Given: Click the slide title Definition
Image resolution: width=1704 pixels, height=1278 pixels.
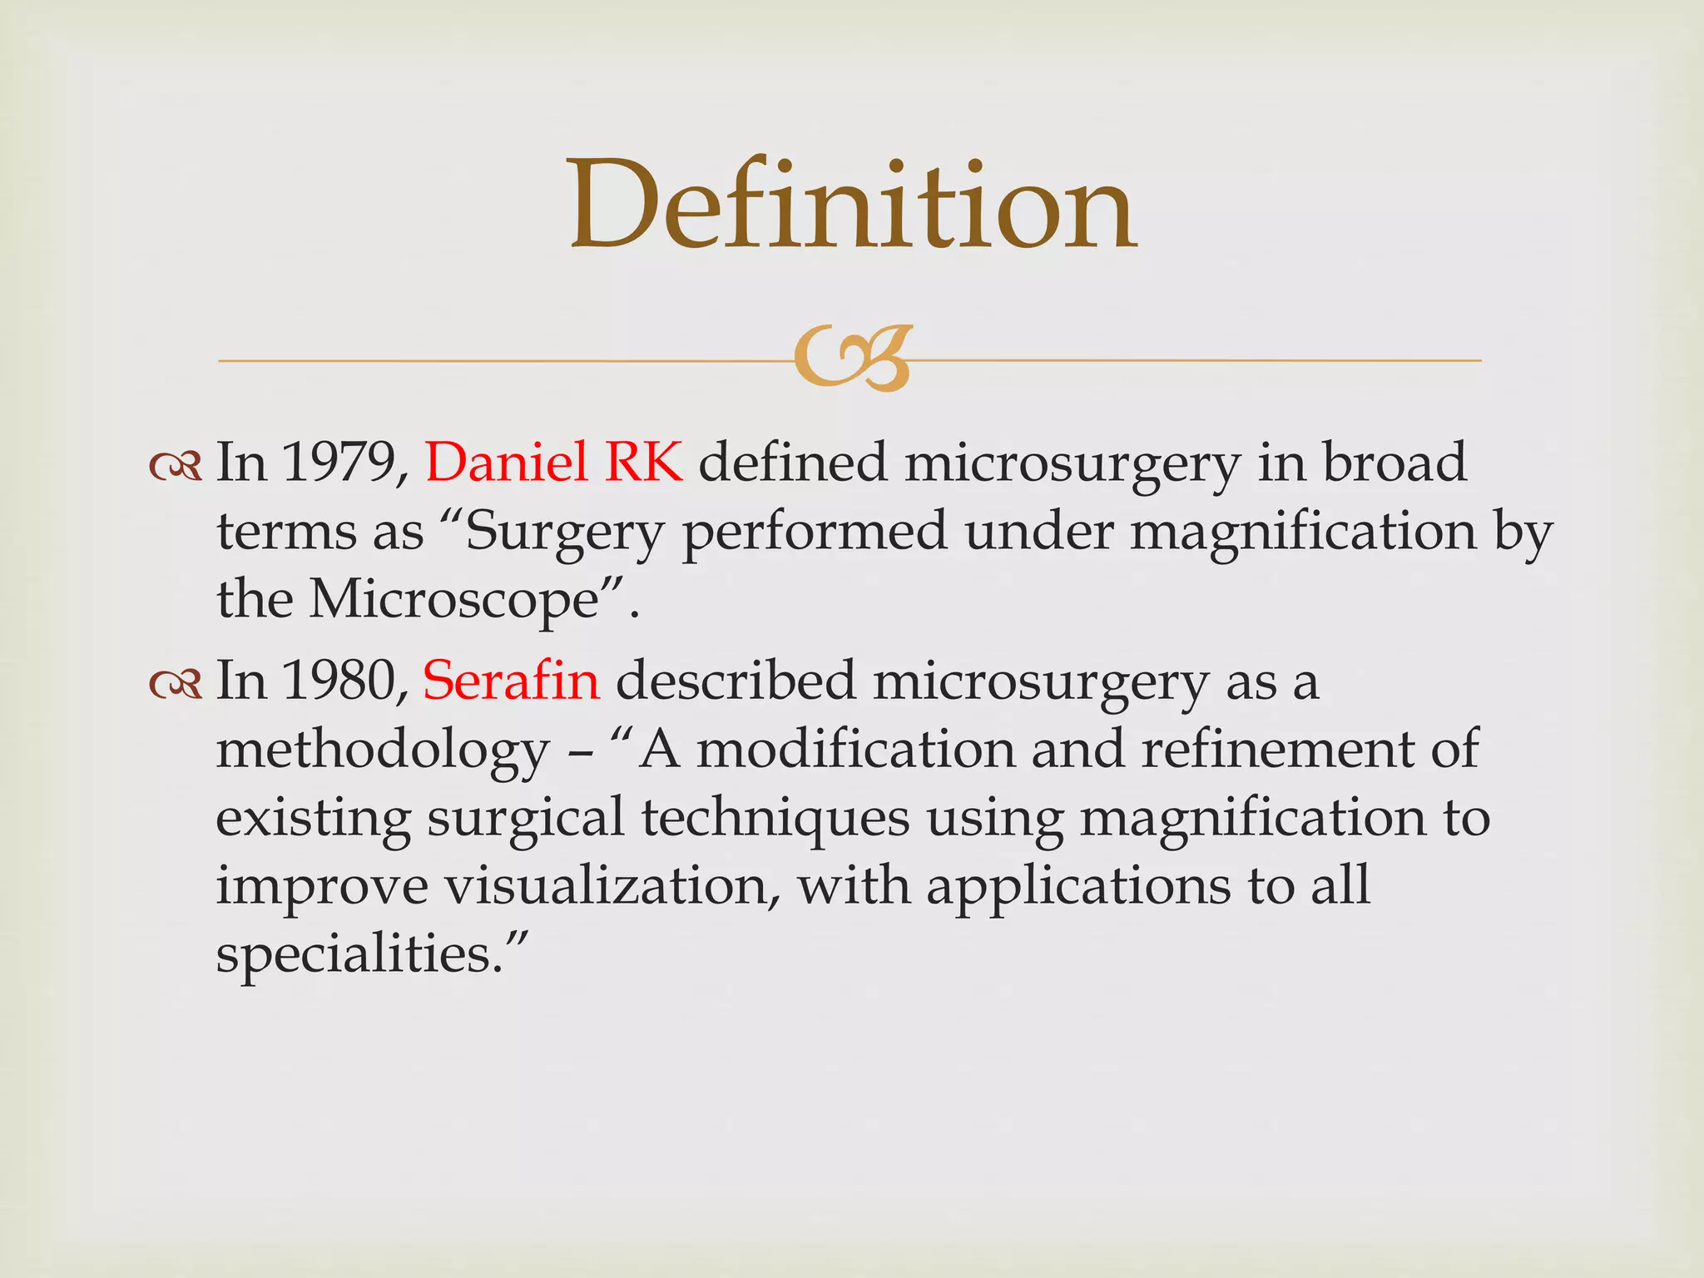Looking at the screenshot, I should (852, 206).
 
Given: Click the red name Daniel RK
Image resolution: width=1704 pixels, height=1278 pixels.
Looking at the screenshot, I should (554, 463).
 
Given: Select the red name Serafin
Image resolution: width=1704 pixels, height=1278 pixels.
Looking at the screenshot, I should (511, 681).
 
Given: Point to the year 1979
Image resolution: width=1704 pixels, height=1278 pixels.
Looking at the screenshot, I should (339, 463).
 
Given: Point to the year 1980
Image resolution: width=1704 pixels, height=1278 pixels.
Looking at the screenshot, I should (339, 681).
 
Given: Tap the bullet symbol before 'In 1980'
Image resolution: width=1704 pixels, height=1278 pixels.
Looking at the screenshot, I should (176, 684).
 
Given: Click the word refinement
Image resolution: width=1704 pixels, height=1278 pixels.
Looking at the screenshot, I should (1277, 749).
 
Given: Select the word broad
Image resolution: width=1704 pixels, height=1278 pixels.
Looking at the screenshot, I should (1394, 463).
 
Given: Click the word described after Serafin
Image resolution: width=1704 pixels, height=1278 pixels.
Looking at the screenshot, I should (736, 681).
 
